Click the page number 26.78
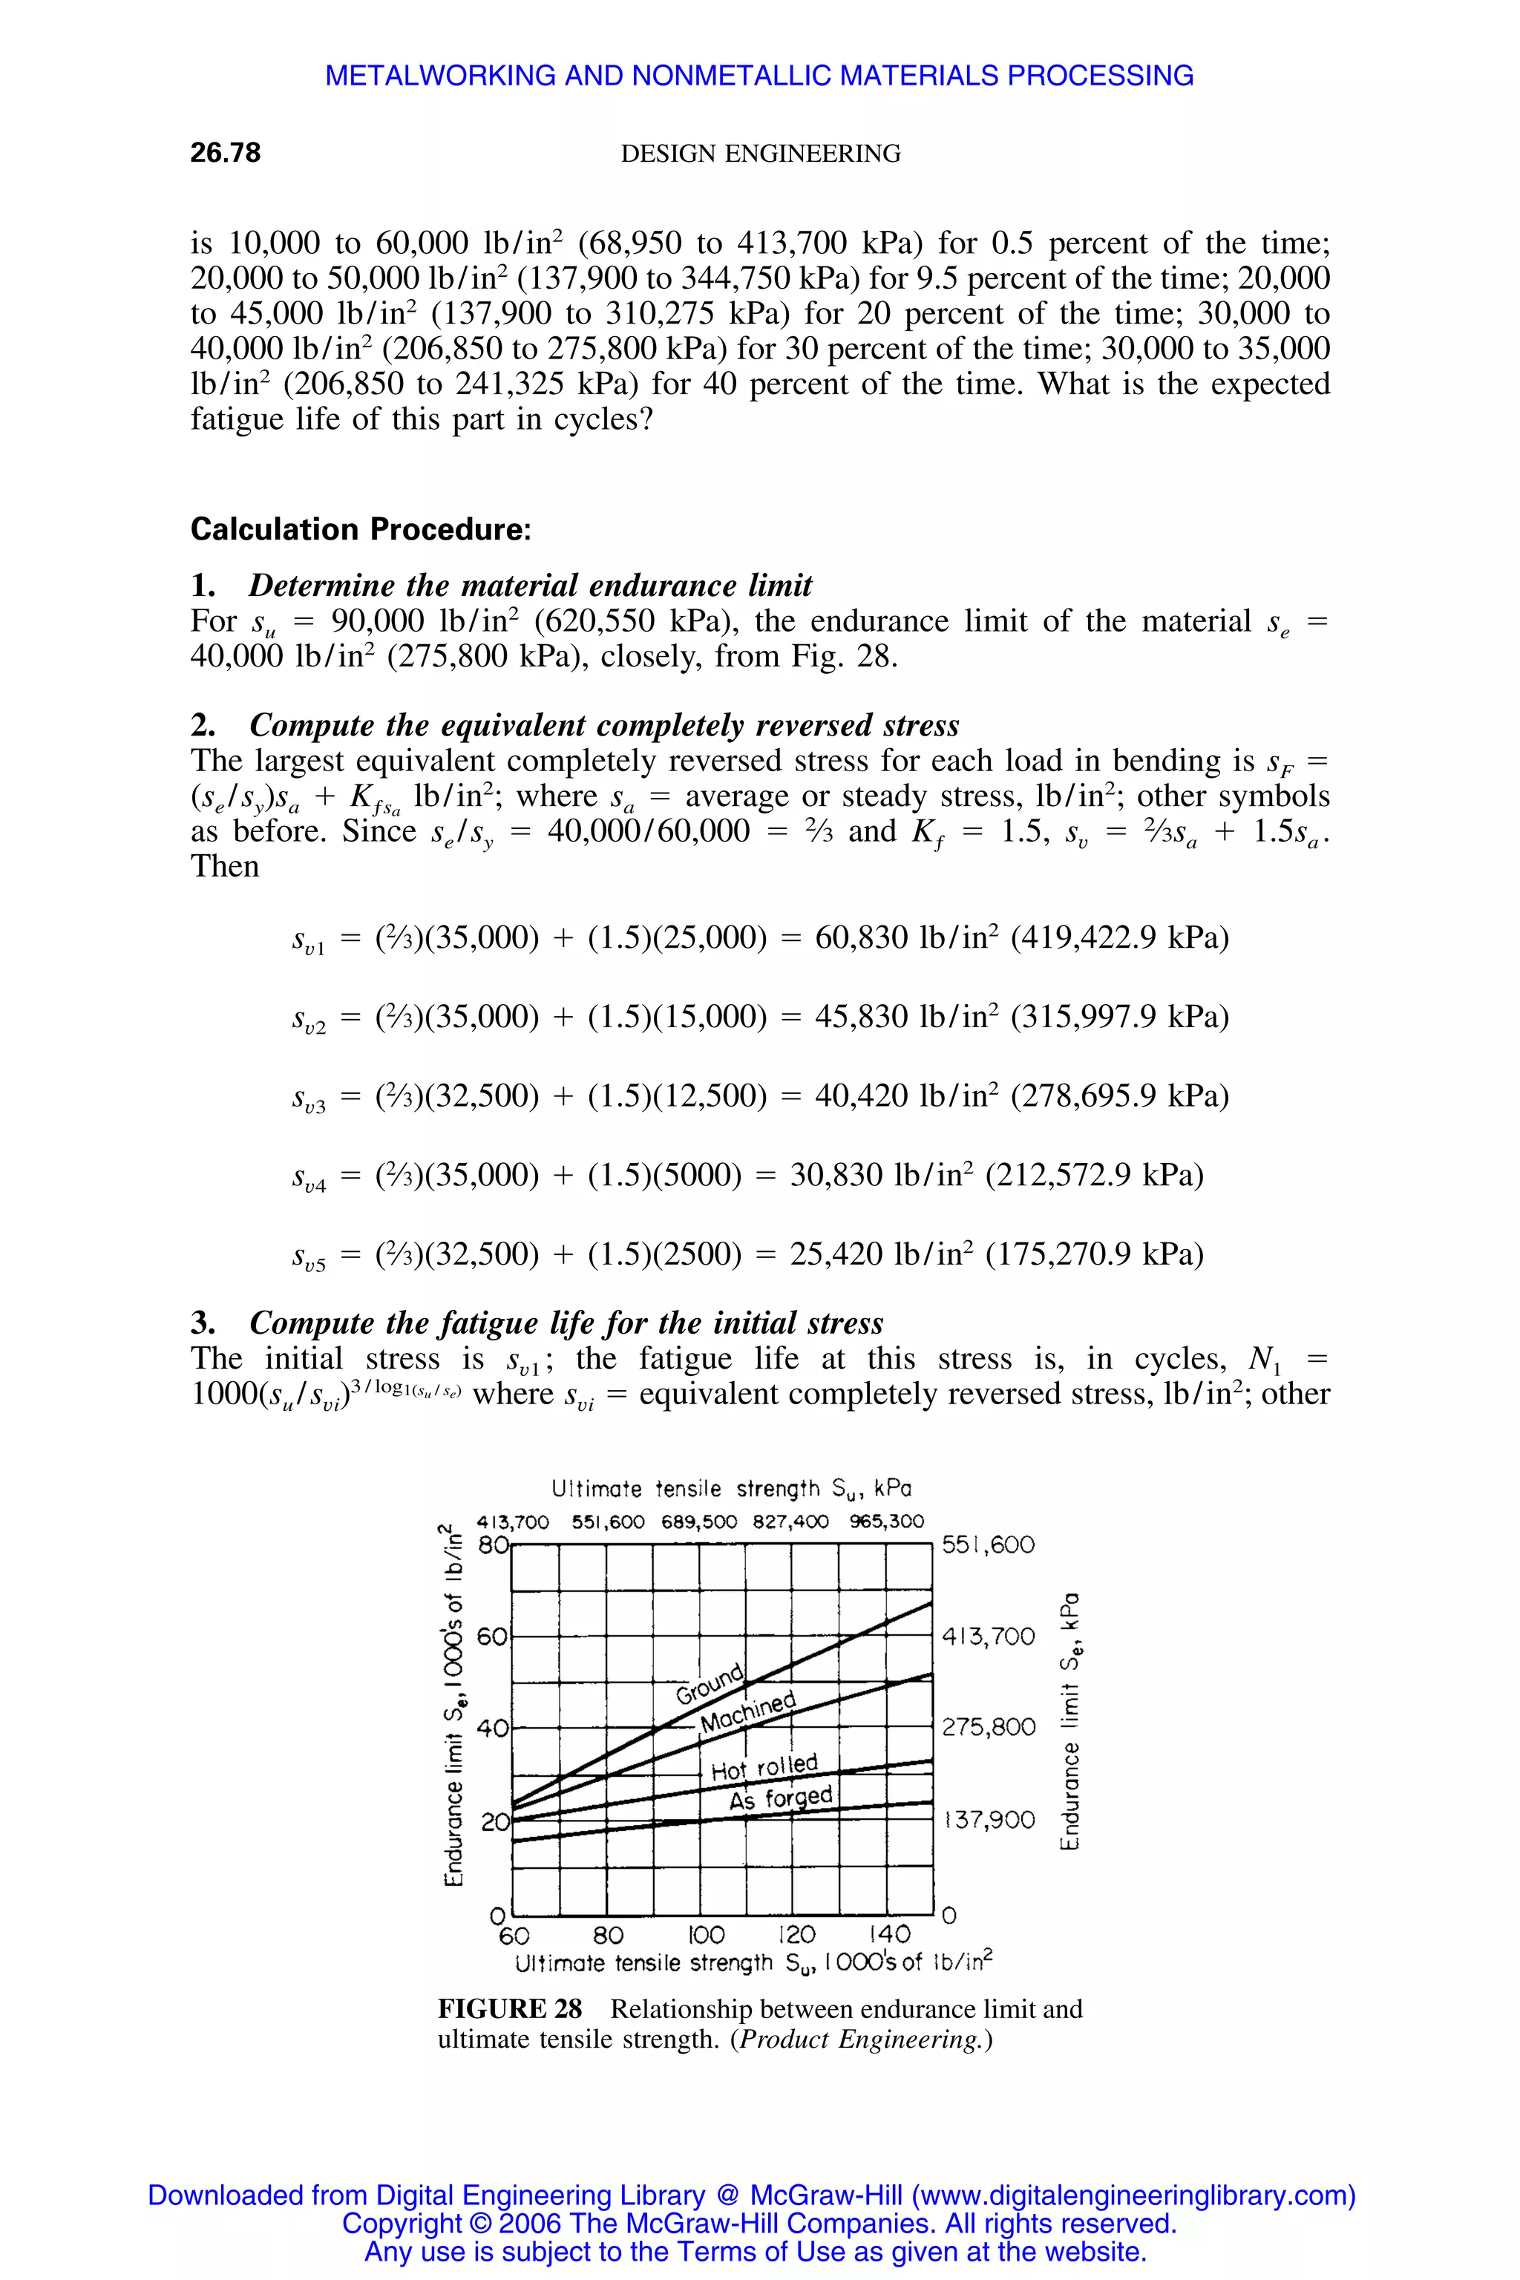225,153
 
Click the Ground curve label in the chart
710,1685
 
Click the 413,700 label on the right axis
988,1637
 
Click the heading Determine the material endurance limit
530,586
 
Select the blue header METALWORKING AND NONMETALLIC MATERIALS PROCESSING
759,76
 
